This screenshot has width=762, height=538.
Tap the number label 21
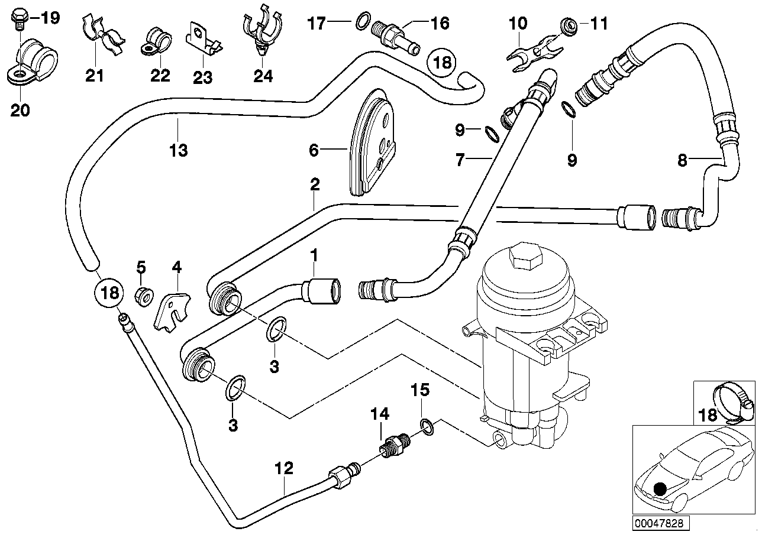click(x=94, y=76)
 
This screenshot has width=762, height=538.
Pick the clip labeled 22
click(x=156, y=41)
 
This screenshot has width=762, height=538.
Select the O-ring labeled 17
click(x=363, y=24)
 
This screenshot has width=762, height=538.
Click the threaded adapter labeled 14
click(x=391, y=445)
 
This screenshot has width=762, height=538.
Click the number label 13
click(x=178, y=150)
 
